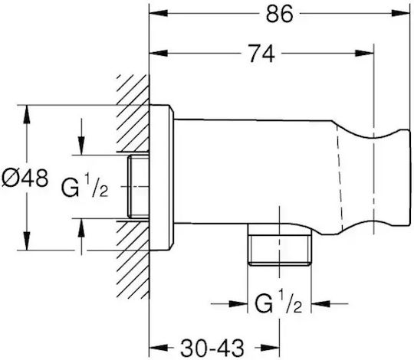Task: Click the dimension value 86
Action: coord(279,14)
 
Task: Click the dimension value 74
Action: coord(262,54)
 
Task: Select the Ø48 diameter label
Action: coord(25,178)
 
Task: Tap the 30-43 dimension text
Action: coord(212,348)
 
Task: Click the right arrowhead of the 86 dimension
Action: coord(400,13)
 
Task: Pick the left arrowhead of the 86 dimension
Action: coord(159,13)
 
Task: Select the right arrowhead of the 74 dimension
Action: coord(365,53)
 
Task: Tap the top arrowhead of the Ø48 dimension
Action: coord(26,114)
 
